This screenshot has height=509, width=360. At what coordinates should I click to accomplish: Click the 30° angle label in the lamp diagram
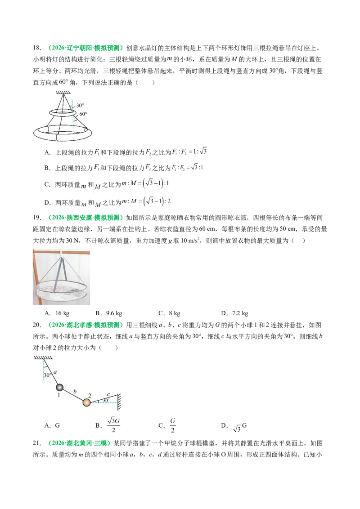click(80, 105)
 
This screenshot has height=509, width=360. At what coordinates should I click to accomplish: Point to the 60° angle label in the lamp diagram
click(83, 114)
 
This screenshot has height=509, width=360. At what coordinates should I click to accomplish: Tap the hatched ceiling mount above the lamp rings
click(63, 93)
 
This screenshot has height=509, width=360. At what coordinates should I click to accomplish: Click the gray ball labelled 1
click(59, 387)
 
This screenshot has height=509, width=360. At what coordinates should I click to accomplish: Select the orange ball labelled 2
click(86, 402)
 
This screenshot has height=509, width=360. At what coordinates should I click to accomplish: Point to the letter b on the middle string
click(75, 391)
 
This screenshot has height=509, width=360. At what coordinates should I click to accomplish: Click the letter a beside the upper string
click(55, 372)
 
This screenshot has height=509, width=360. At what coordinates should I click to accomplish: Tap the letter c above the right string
click(108, 395)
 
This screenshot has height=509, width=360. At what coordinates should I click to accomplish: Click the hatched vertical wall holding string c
click(119, 402)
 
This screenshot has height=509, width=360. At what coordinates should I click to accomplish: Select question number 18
click(37, 48)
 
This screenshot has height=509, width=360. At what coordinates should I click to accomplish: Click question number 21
click(37, 443)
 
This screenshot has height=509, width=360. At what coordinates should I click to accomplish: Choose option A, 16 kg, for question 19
click(57, 313)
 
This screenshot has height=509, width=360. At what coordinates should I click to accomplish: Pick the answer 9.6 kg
click(109, 313)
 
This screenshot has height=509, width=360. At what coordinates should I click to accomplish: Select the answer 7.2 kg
click(234, 313)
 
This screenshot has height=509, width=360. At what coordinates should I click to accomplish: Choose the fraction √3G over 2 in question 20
click(113, 425)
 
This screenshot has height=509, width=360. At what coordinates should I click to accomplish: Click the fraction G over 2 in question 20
click(172, 425)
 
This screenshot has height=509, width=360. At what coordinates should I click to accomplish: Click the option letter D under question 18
click(47, 202)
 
